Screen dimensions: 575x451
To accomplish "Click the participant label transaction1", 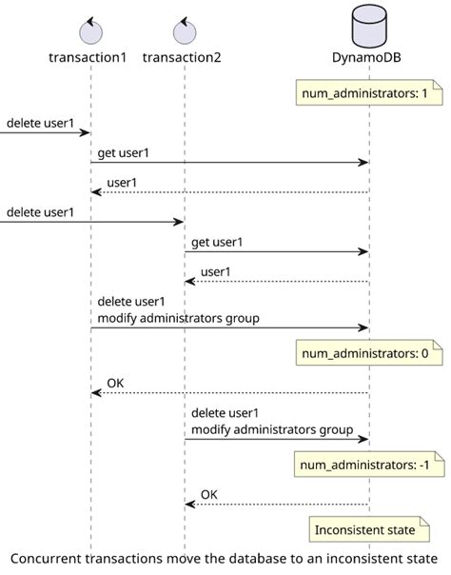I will coord(88,58).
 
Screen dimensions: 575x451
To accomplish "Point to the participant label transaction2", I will coord(182,58).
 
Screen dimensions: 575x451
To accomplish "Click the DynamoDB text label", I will coord(368,58).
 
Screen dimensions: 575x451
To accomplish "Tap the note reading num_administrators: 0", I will coord(357,354).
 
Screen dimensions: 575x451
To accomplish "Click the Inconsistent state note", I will coord(363,529).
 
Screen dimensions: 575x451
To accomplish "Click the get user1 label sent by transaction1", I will coord(123,152).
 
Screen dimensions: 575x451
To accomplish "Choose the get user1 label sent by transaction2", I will coord(217,242).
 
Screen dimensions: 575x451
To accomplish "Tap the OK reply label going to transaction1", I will coord(115,384).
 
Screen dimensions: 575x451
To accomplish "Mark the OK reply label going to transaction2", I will coord(209,494).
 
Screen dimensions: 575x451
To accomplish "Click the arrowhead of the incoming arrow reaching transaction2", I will coord(179,222).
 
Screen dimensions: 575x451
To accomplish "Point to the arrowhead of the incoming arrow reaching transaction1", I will coord(85,132).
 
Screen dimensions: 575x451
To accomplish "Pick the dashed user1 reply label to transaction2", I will coord(214,272).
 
